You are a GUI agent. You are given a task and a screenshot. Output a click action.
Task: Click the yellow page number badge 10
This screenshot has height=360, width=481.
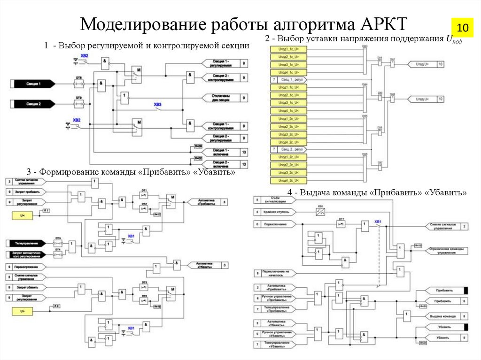(463, 28)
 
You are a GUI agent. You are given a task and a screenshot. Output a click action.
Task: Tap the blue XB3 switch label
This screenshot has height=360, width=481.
(158, 104)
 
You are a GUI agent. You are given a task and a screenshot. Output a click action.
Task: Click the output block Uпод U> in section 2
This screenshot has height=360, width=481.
(420, 63)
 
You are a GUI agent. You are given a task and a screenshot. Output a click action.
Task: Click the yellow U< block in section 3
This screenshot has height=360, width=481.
(23, 215)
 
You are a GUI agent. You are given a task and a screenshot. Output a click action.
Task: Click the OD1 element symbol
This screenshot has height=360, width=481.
(321, 213)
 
